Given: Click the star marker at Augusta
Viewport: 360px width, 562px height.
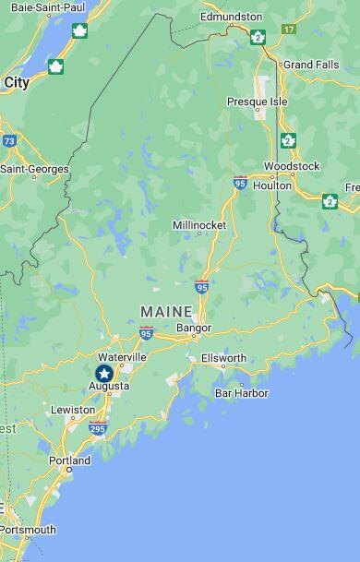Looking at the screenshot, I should (104, 373).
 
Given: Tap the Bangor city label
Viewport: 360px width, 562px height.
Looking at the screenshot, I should (193, 328).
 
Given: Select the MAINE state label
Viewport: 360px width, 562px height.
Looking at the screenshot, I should (166, 312).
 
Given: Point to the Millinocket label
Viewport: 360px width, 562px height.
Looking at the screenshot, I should (199, 225).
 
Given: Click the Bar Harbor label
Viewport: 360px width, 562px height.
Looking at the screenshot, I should (241, 393).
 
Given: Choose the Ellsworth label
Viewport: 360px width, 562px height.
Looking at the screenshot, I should (223, 358).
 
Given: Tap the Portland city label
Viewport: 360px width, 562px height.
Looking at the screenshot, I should (69, 460).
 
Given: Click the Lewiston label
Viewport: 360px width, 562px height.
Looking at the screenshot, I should (73, 410).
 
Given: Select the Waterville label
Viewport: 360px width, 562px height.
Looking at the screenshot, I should (122, 356).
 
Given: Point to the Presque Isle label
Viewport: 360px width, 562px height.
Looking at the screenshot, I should (258, 102).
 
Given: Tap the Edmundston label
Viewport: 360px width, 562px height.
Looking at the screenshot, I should (231, 17).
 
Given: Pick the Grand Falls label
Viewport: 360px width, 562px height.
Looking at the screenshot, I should (311, 65).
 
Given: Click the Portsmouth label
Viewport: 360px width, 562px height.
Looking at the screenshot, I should (28, 530).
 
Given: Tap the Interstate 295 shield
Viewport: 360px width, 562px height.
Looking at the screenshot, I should (98, 428).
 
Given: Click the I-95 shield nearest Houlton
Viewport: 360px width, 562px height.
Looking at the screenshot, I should (240, 183).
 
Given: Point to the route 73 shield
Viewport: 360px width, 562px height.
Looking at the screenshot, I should (9, 141).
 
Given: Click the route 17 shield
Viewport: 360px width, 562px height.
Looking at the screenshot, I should (289, 30).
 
